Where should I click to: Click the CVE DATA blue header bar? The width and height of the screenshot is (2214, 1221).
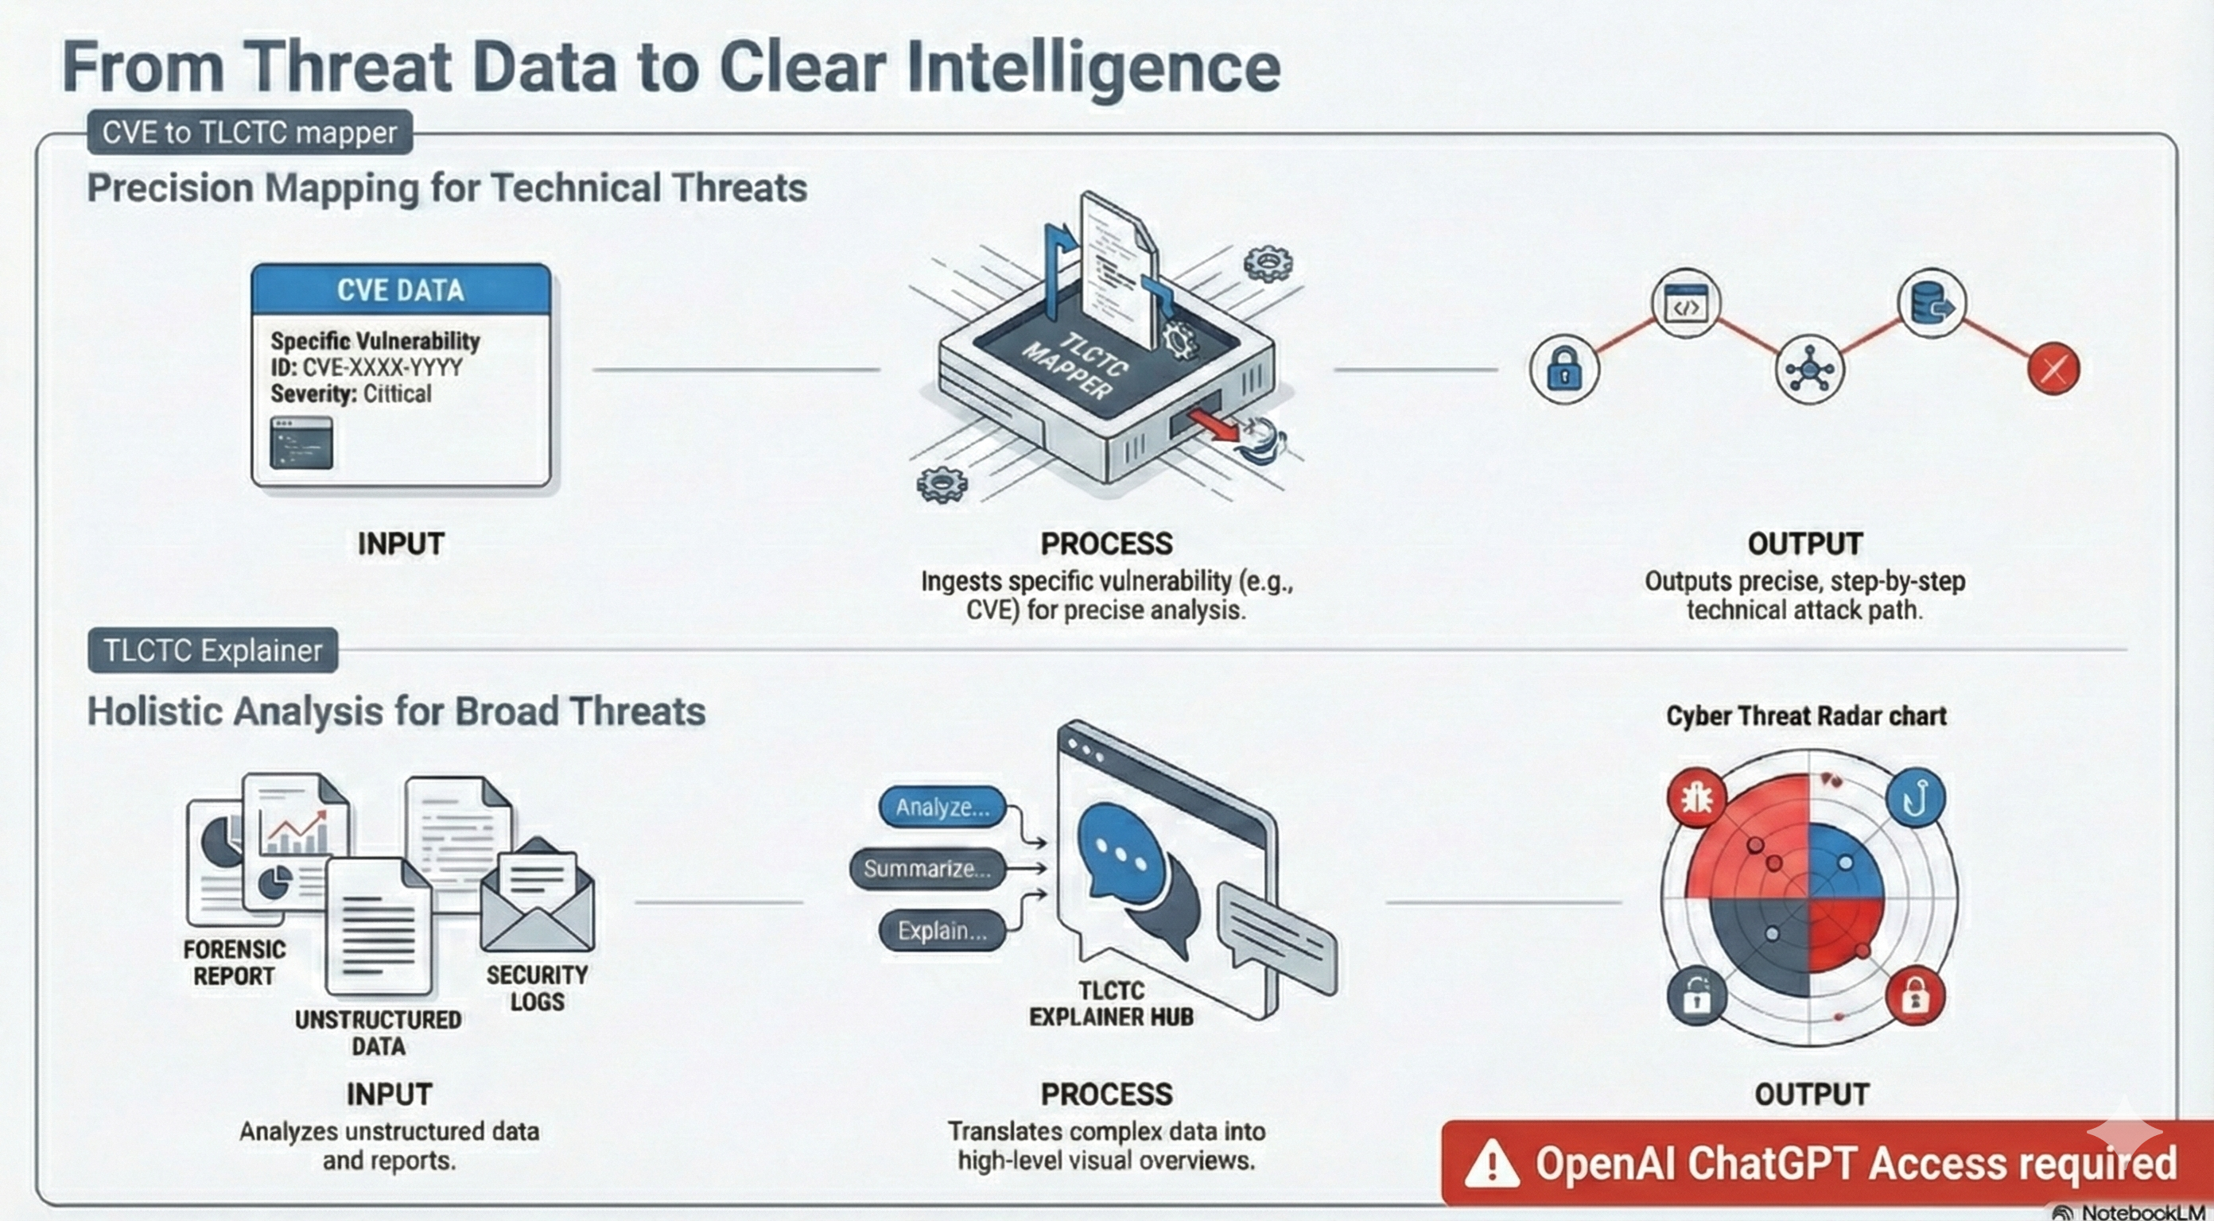(x=401, y=289)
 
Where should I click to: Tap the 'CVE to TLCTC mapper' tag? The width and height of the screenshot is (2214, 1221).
(x=249, y=132)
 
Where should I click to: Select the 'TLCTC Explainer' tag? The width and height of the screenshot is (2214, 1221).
(x=212, y=650)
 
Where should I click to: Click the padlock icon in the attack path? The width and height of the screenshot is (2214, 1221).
(x=1564, y=370)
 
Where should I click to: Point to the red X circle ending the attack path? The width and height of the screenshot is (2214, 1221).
(x=2053, y=370)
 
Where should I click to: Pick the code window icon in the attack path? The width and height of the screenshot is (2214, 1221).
(x=1685, y=304)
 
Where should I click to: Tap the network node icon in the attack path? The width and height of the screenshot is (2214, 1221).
(x=1809, y=370)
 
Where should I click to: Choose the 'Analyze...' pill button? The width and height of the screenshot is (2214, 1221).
(x=942, y=807)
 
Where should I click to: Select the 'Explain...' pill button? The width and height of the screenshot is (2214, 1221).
(x=942, y=931)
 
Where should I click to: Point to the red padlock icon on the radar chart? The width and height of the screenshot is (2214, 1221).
(x=1915, y=997)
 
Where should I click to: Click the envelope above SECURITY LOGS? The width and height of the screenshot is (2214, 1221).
(x=537, y=898)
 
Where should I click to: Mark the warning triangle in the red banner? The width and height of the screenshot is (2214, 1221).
(x=1491, y=1165)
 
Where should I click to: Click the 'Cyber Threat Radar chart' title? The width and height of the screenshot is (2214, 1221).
(x=1806, y=715)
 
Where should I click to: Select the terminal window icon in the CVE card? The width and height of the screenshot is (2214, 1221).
(x=301, y=443)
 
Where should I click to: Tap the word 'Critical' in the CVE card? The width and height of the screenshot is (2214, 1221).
(x=397, y=393)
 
